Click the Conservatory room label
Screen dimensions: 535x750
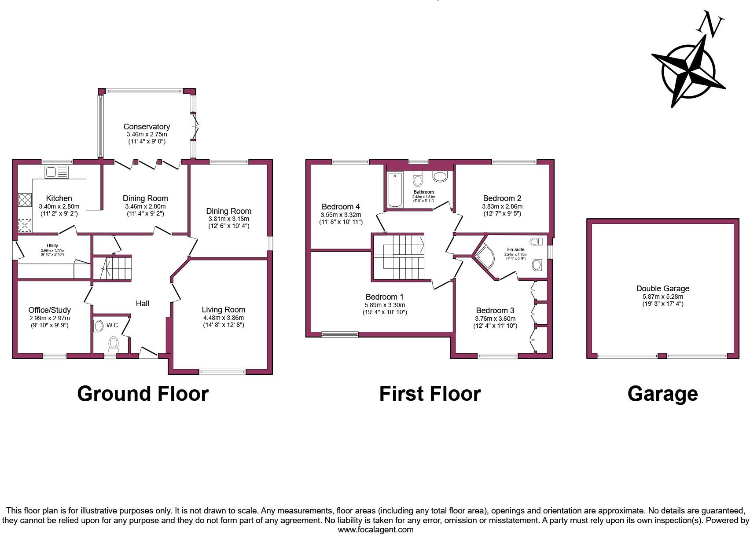[147, 127]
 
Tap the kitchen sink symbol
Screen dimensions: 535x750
[57, 172]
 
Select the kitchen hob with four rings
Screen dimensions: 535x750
[25, 200]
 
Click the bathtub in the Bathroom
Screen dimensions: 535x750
[395, 190]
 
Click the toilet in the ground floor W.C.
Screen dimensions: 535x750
[114, 344]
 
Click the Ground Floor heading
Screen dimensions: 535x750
[143, 394]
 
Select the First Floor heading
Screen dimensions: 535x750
[430, 394]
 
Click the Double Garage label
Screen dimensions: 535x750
[662, 289]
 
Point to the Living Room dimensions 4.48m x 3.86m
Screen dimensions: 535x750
[223, 318]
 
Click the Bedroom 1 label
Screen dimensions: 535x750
[384, 297]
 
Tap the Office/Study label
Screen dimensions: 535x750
[49, 310]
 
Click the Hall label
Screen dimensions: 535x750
[142, 303]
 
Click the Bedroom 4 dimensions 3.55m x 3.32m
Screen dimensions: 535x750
[341, 215]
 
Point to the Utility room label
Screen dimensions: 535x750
[52, 246]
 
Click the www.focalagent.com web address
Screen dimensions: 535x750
[375, 530]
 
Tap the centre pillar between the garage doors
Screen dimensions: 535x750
[662, 356]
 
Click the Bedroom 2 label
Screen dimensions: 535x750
[502, 198]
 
